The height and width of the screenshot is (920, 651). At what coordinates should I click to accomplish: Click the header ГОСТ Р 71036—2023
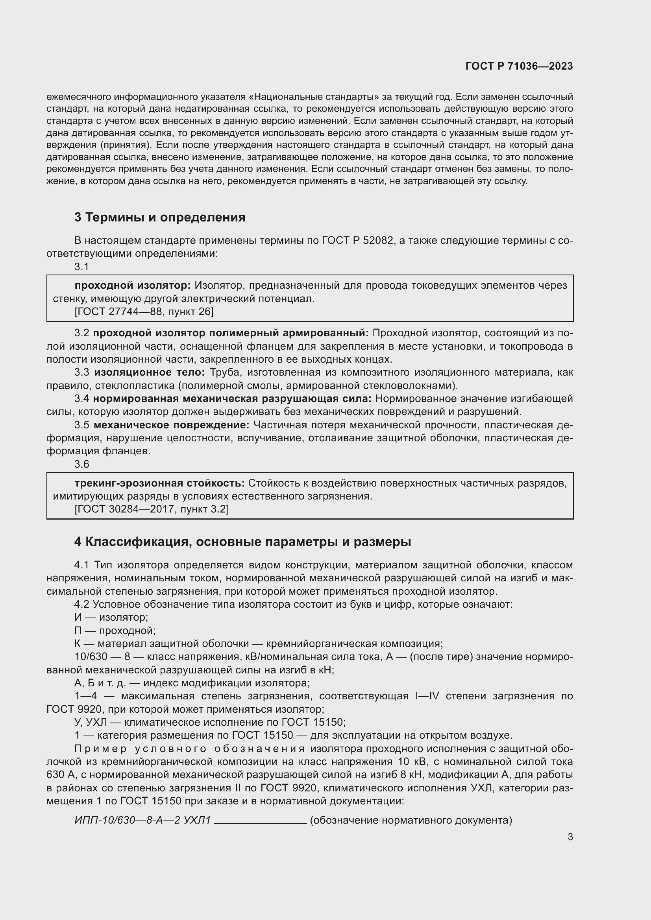pos(519,66)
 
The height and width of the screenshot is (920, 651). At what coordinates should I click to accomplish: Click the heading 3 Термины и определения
pos(159,217)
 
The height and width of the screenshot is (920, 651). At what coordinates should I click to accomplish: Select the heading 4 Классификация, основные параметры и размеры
pos(242,542)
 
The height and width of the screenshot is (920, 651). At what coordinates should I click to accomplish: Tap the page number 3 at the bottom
pos(570,837)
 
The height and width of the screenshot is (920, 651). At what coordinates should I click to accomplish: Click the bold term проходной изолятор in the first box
pos(133,285)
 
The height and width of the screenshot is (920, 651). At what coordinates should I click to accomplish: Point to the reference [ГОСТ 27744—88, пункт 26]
pos(144,312)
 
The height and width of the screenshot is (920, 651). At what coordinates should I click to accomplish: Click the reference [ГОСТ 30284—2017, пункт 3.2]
pos(152,509)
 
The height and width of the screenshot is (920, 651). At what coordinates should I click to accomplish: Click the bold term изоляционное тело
pos(149,372)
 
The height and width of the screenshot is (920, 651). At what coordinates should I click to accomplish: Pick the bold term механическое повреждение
pos(171,425)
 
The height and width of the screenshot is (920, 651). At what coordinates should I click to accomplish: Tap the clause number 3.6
pos(82,464)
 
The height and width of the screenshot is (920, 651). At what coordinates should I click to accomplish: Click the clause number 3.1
pos(82,266)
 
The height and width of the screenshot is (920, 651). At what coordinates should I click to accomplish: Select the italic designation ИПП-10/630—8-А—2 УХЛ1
pos(143,820)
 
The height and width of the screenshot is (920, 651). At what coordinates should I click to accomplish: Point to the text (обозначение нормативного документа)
pos(411,820)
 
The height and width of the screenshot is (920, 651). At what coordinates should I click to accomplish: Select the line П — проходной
pos(115,630)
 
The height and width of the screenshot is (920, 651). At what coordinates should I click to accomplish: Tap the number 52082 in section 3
pos(377,240)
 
